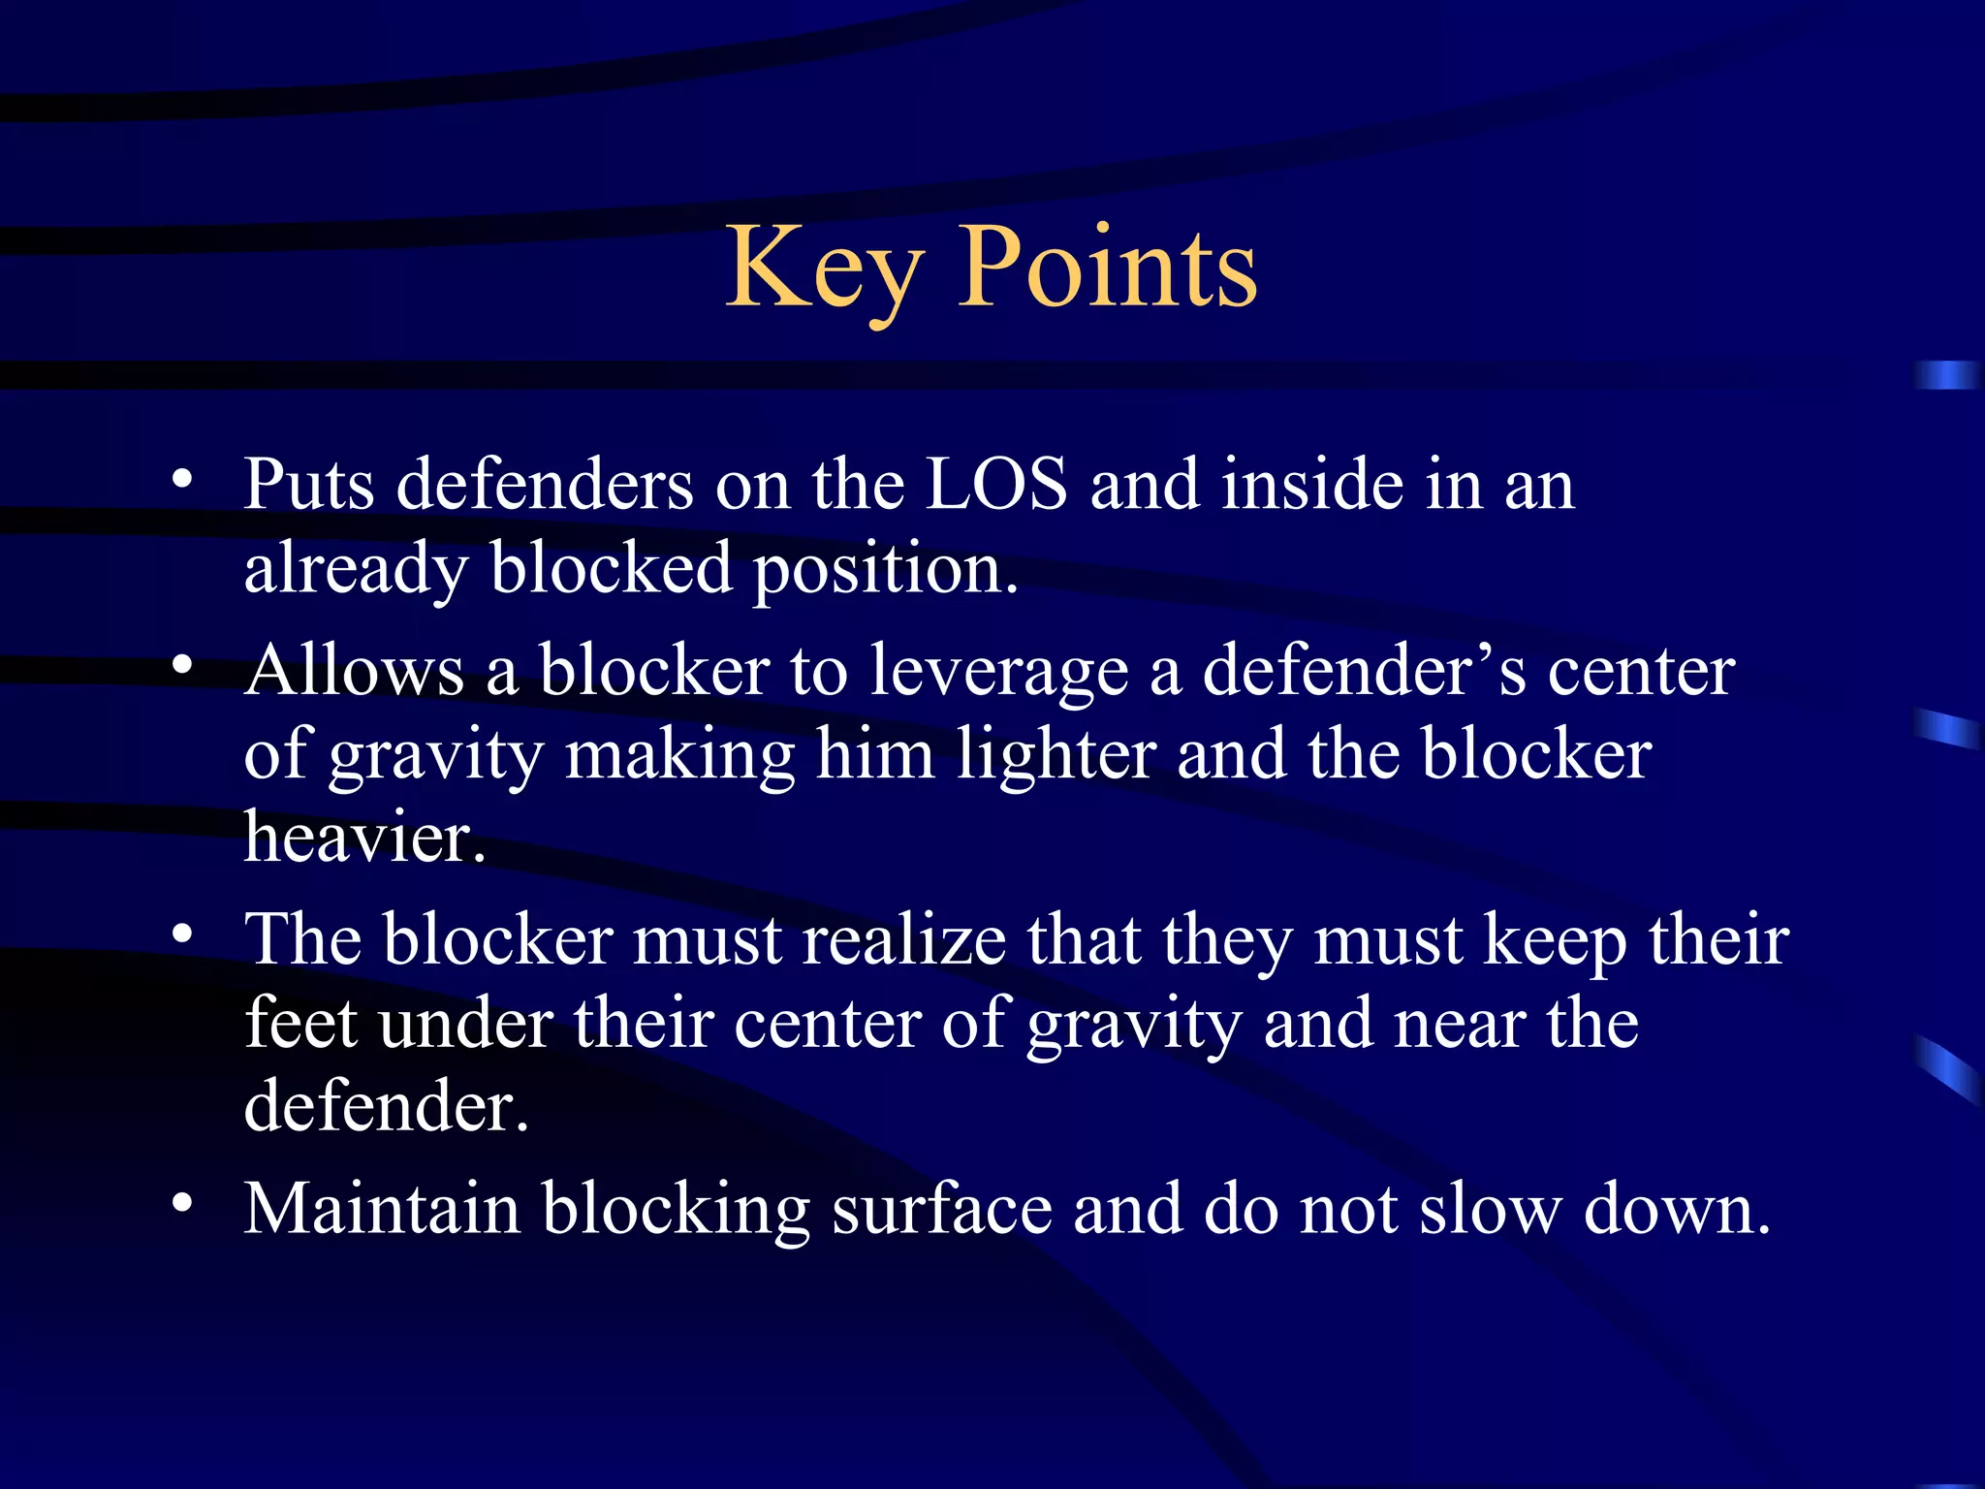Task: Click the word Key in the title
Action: pyautogui.click(x=824, y=268)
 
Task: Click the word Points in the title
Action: pyautogui.click(x=1107, y=268)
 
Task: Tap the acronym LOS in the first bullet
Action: pyautogui.click(x=995, y=484)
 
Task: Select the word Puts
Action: pyautogui.click(x=308, y=484)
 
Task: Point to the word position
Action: pyautogui.click(x=885, y=569)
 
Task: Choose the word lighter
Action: pyautogui.click(x=1056, y=755)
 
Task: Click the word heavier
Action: pyautogui.click(x=363, y=838)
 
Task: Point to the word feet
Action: pyautogui.click(x=300, y=1024)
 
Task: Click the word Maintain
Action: pyautogui.click(x=382, y=1209)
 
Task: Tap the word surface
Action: pyautogui.click(x=941, y=1209)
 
